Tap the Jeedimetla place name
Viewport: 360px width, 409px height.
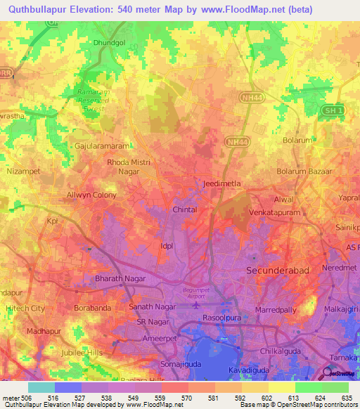pos(221,183)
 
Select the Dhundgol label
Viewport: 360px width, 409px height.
pos(108,42)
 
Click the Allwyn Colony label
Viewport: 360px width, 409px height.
pos(91,195)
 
